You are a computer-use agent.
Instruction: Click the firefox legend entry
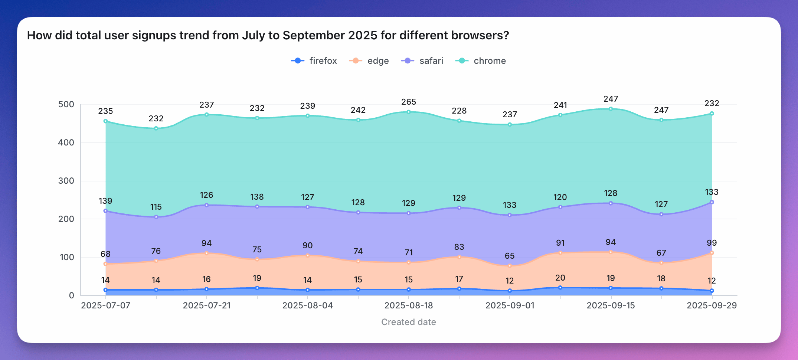tap(314, 61)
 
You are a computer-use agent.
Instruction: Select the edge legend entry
tap(369, 61)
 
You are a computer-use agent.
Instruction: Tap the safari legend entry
tap(422, 61)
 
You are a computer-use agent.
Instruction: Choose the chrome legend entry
tap(481, 61)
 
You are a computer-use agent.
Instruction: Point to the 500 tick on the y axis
tap(66, 104)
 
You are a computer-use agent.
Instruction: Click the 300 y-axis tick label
tap(66, 181)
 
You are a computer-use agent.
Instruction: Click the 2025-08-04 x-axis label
tap(308, 305)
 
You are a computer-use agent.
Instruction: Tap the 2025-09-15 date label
tap(611, 305)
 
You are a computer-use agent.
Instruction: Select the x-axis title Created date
tap(409, 322)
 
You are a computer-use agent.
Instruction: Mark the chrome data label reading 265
tap(409, 102)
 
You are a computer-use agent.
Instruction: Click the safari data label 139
tap(105, 201)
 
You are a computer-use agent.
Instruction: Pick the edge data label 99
tap(712, 243)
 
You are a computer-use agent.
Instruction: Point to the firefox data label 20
tap(560, 278)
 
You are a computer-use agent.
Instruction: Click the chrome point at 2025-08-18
tap(409, 112)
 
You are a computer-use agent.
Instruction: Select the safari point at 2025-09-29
tap(712, 202)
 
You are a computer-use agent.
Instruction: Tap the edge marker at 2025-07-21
tap(207, 253)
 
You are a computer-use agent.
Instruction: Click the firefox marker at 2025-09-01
tap(510, 291)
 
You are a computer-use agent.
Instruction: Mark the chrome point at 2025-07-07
tap(105, 121)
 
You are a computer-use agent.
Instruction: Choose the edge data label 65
tap(510, 256)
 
